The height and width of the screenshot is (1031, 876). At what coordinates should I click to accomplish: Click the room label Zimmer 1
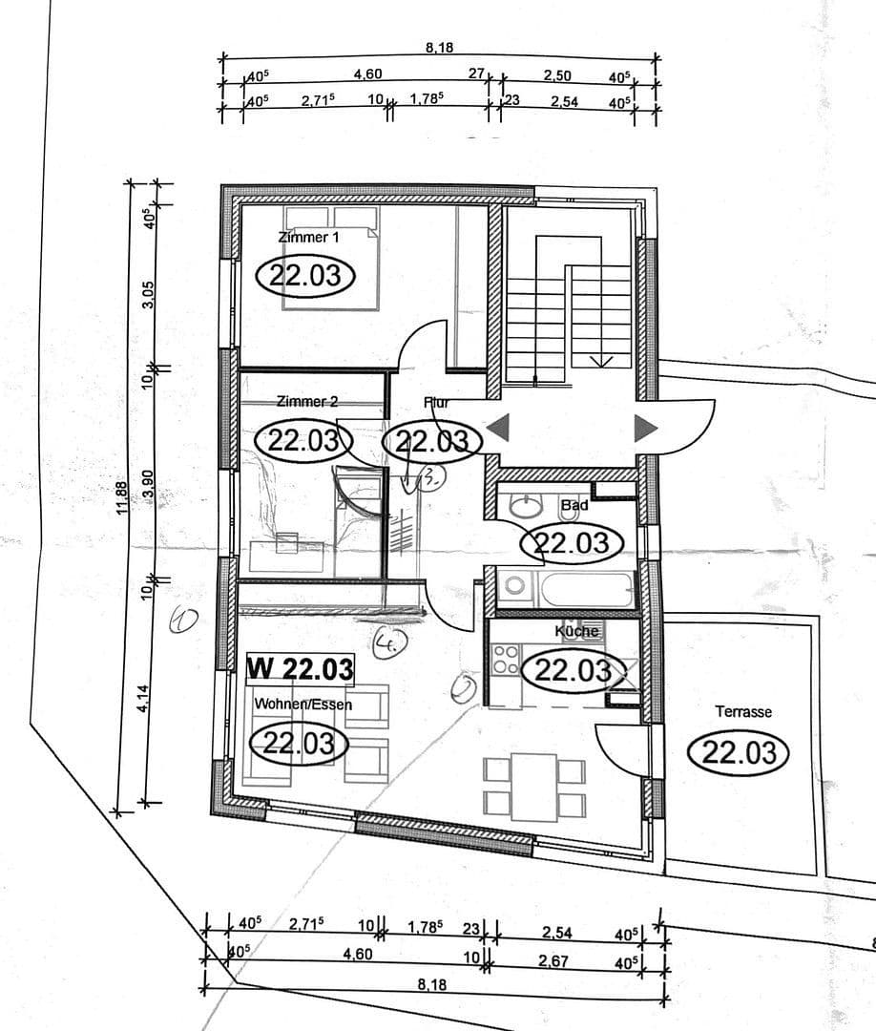point(308,236)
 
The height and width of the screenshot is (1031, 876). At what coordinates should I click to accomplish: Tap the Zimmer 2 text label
point(306,402)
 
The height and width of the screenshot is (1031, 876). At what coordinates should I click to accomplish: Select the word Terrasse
point(743,711)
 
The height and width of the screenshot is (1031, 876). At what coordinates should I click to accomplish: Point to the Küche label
point(577,631)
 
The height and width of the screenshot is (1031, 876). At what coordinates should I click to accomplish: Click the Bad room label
point(574,504)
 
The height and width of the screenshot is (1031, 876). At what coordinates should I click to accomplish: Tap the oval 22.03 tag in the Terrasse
point(739,752)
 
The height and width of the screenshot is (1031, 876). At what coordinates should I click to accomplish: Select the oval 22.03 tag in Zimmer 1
point(306,277)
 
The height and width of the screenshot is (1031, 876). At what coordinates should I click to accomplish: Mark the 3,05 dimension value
point(147,297)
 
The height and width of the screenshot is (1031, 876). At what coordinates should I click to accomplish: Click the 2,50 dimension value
point(557,74)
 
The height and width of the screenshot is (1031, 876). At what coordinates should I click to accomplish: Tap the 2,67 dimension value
point(553,961)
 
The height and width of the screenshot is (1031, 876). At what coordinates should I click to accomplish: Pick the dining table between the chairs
point(533,786)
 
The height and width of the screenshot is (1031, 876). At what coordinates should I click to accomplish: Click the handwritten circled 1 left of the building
point(182,621)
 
